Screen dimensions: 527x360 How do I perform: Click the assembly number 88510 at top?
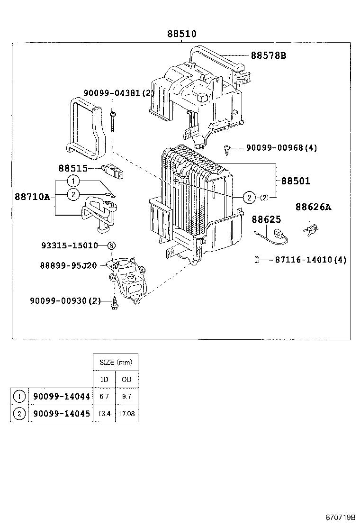(x=181, y=34)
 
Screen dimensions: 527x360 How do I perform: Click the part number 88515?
(x=73, y=168)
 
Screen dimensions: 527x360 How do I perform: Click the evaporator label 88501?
(x=296, y=181)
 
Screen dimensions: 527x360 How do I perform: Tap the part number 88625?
(x=266, y=219)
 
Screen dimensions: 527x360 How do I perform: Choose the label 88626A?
(x=313, y=207)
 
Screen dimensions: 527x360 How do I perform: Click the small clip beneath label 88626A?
(x=310, y=228)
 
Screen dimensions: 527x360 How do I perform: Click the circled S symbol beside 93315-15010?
(x=112, y=245)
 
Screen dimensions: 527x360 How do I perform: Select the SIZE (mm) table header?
(x=116, y=363)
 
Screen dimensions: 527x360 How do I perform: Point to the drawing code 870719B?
(x=340, y=518)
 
